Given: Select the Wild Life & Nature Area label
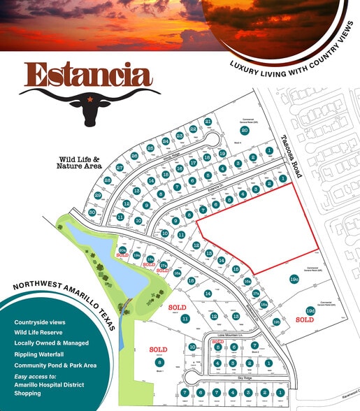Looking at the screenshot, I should coord(80,164).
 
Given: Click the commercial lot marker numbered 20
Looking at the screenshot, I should coord(245,130).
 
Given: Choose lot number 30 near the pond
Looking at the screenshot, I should coord(92,212).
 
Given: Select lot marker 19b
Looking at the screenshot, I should coord(276,321).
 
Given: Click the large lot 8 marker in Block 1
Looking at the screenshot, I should coord(160,362).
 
